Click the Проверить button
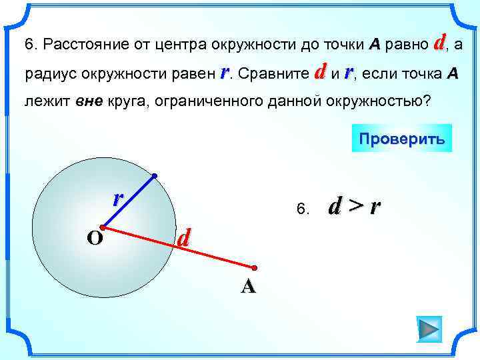pyautogui.click(x=401, y=139)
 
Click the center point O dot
pyautogui.click(x=102, y=227)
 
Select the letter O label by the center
pyautogui.click(x=94, y=238)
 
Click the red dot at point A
pyautogui.click(x=255, y=268)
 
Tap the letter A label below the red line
pyautogui.click(x=248, y=286)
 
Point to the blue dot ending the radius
pyautogui.click(x=154, y=176)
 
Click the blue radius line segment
pyautogui.click(x=128, y=201)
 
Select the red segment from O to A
pyautogui.click(x=179, y=248)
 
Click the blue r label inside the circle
pyautogui.click(x=117, y=197)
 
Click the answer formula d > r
pyautogui.click(x=355, y=207)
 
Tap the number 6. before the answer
pyautogui.click(x=303, y=210)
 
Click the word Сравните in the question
pyautogui.click(x=275, y=73)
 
